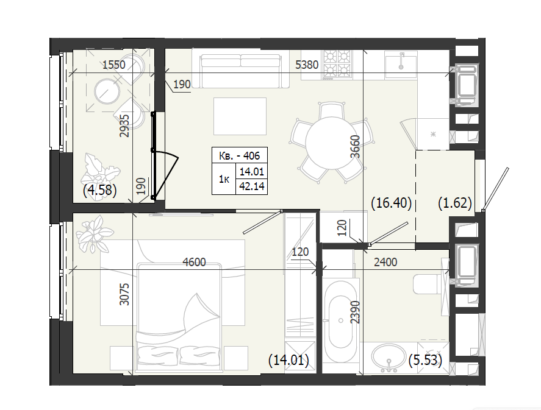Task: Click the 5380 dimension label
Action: click(307, 65)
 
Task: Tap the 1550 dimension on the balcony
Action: click(114, 65)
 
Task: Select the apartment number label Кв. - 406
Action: click(240, 156)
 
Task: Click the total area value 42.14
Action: click(252, 186)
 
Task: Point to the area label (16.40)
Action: click(391, 203)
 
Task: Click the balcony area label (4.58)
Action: click(100, 190)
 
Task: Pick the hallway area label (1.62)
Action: click(455, 203)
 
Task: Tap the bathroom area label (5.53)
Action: click(425, 361)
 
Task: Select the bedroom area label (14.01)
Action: click(288, 361)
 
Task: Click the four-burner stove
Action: click(337, 65)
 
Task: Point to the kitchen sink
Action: click(401, 65)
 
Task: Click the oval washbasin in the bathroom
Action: click(389, 358)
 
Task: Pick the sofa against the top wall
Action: click(240, 68)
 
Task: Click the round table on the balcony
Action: click(107, 91)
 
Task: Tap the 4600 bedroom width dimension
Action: click(194, 262)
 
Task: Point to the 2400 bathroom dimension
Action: click(385, 262)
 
